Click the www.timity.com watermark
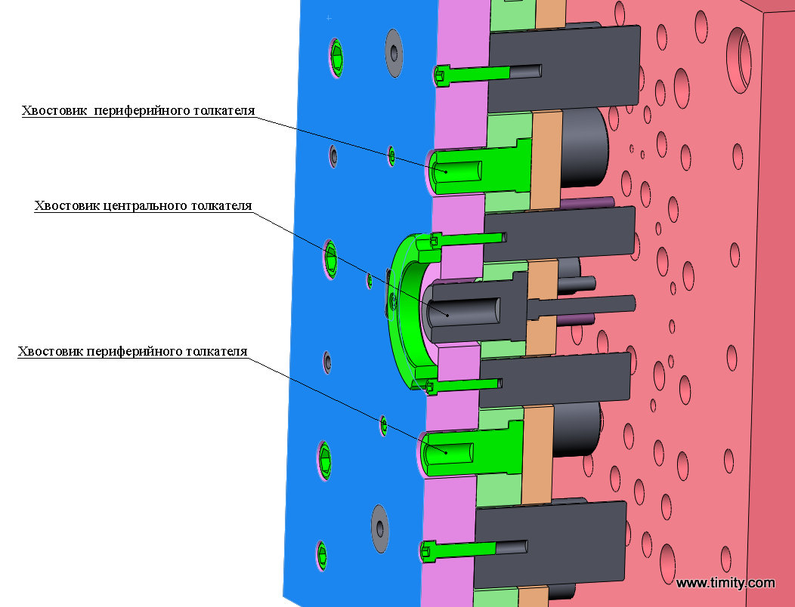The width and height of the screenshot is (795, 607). tap(725, 583)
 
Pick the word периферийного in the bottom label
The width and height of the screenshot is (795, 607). tap(135, 352)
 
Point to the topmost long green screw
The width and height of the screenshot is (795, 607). tap(476, 72)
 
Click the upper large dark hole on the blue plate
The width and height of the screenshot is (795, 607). tap(394, 50)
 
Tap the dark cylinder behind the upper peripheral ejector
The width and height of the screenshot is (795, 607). tap(585, 147)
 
